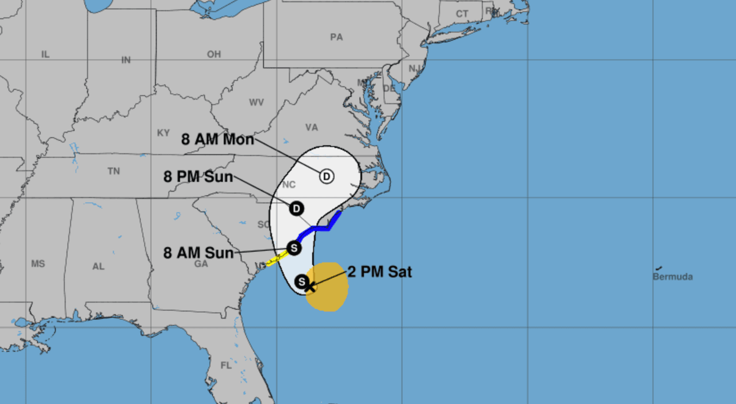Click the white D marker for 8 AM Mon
(x=327, y=176)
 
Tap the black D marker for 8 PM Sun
(x=296, y=208)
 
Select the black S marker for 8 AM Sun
(x=294, y=248)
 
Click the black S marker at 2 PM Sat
(x=301, y=281)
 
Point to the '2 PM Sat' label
(x=379, y=272)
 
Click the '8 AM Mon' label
(x=217, y=139)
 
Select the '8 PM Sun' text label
(x=198, y=176)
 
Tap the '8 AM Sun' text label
(x=198, y=253)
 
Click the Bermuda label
(x=672, y=276)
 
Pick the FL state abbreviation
(x=226, y=365)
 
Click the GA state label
(x=201, y=264)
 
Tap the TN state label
(x=113, y=171)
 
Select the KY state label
(x=163, y=133)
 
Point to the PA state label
(x=336, y=37)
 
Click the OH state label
(x=214, y=54)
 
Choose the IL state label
(x=45, y=54)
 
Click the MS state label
(x=38, y=264)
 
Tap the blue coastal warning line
(x=320, y=228)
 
